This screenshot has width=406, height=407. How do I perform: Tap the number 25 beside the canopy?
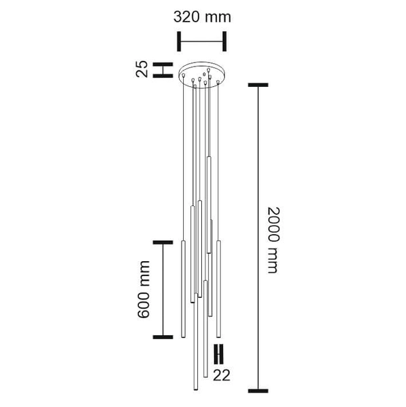pyautogui.click(x=142, y=69)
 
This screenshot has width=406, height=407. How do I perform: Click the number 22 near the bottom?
pyautogui.click(x=222, y=374)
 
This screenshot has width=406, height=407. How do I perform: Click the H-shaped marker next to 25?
pyautogui.click(x=162, y=70)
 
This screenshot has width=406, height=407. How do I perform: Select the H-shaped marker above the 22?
pyautogui.click(x=219, y=354)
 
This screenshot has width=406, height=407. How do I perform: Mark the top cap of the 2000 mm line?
pyautogui.click(x=258, y=85)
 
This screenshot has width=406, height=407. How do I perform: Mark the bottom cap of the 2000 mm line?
pyautogui.click(x=258, y=391)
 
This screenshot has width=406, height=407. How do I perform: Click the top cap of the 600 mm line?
pyautogui.click(x=163, y=241)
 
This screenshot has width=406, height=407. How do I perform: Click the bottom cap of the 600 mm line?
pyautogui.click(x=163, y=336)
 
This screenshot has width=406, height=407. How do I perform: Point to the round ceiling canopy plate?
pyautogui.click(x=201, y=76)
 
